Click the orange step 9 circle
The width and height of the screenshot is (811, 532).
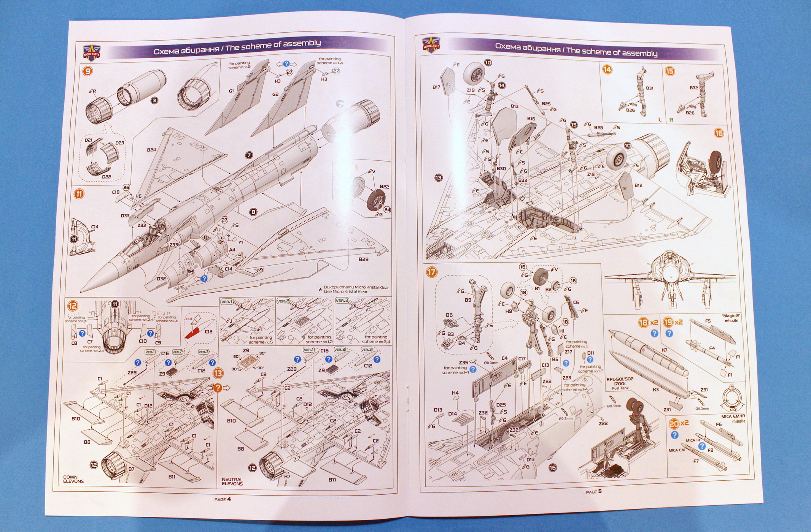(87, 71)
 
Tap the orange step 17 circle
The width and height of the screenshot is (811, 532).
(431, 272)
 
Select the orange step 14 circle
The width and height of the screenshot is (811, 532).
(607, 69)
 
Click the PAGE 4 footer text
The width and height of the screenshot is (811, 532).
(223, 499)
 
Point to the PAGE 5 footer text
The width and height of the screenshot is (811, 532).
(594, 491)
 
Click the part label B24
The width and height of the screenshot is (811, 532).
(151, 150)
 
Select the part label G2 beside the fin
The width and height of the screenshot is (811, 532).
(275, 94)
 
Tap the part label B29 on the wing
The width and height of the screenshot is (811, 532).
(363, 259)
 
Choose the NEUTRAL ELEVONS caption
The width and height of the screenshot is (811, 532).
(232, 481)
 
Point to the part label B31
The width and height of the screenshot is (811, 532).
(649, 88)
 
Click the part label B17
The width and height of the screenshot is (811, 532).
(436, 87)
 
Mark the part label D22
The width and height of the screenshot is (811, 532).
(107, 177)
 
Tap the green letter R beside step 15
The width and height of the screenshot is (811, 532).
(671, 120)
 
